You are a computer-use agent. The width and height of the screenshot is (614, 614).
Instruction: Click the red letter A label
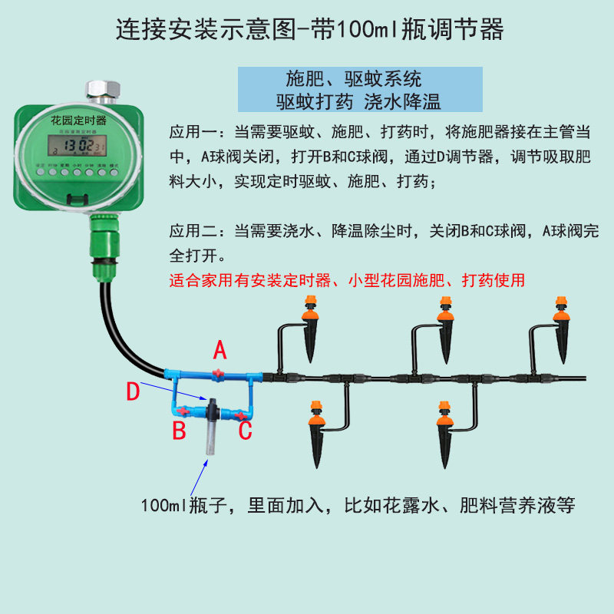click(x=220, y=351)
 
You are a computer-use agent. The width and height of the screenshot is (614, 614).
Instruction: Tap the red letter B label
click(x=179, y=431)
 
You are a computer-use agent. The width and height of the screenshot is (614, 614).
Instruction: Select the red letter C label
click(x=246, y=431)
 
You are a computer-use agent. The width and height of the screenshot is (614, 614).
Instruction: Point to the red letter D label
click(x=134, y=392)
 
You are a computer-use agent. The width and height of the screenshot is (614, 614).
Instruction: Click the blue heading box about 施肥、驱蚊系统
click(x=360, y=90)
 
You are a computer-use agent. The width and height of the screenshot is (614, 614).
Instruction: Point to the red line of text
click(x=347, y=280)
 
